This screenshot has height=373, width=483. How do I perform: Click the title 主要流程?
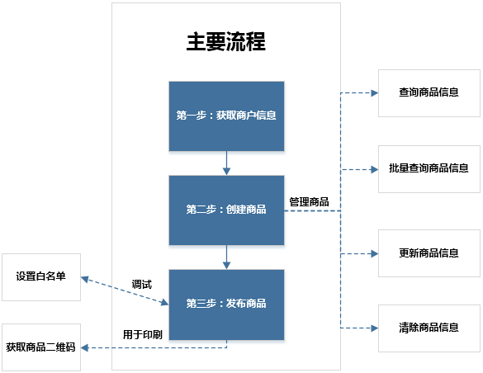(225, 42)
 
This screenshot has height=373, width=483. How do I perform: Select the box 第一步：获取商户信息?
(226, 116)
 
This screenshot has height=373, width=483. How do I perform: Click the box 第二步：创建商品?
(226, 210)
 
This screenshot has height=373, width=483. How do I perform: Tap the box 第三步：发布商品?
(226, 304)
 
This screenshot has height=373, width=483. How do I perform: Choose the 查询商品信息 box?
(429, 93)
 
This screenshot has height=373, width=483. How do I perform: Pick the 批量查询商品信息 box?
(429, 168)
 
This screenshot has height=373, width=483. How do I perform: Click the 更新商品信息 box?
(429, 253)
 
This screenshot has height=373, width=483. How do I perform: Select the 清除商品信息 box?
(429, 328)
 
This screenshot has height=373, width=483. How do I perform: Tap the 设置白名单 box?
(41, 276)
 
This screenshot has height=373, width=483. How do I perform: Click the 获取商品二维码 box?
(41, 347)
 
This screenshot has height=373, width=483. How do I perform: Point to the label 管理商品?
(309, 201)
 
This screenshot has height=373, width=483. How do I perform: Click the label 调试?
(142, 285)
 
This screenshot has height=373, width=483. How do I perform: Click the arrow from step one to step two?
(226, 163)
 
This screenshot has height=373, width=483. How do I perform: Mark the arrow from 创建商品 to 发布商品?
(226, 257)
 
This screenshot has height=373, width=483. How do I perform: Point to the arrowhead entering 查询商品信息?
(373, 93)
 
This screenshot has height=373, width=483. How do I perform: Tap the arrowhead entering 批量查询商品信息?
(373, 169)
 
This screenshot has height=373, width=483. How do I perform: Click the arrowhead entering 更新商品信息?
(373, 253)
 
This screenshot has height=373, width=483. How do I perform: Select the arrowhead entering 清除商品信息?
(373, 328)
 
